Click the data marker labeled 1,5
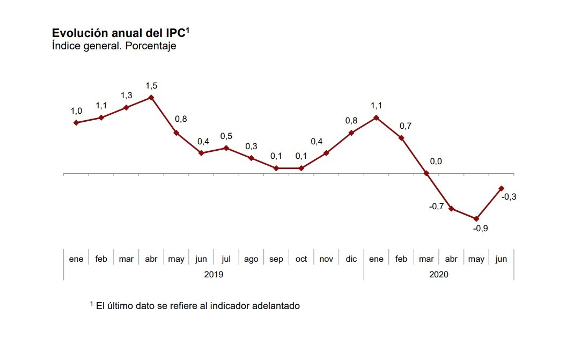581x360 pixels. pyautogui.click(x=151, y=98)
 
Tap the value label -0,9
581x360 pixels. pyautogui.click(x=481, y=229)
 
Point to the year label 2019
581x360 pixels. pyautogui.click(x=214, y=274)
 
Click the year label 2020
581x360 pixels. pyautogui.click(x=438, y=274)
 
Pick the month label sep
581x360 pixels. pyautogui.click(x=276, y=259)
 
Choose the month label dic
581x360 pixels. pyautogui.click(x=351, y=259)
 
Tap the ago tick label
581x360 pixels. pyautogui.click(x=251, y=259)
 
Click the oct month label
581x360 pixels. pyautogui.click(x=301, y=259)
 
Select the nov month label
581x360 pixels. pyautogui.click(x=326, y=259)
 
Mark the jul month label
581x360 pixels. pyautogui.click(x=226, y=259)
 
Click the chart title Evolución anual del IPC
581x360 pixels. pyautogui.click(x=119, y=33)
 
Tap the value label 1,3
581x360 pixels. pyautogui.click(x=127, y=95)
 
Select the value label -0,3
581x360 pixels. pyautogui.click(x=509, y=197)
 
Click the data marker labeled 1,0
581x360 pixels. pyautogui.click(x=76, y=123)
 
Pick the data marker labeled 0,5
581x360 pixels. pyautogui.click(x=226, y=148)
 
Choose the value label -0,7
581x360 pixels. pyautogui.click(x=437, y=206)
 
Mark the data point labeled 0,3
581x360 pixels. pyautogui.click(x=251, y=158)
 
